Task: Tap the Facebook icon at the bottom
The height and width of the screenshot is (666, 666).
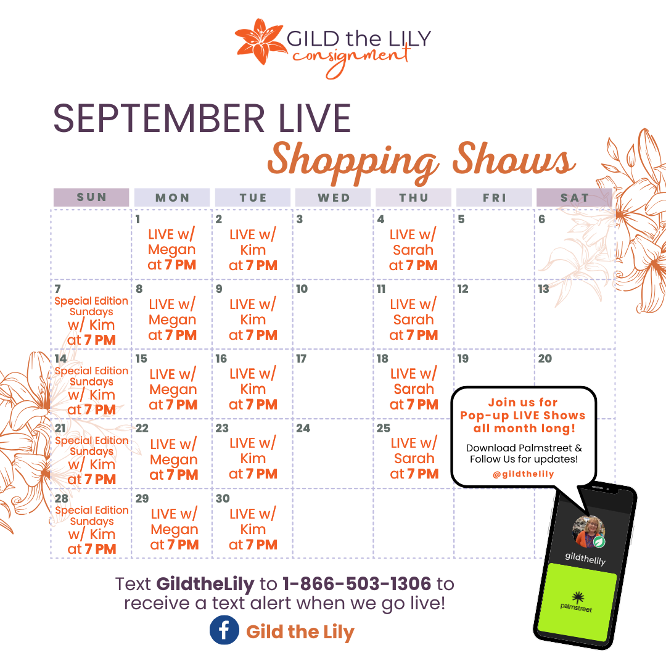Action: [x=224, y=630]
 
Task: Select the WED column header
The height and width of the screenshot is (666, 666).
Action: [x=334, y=197]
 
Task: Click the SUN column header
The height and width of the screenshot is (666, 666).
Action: [x=91, y=197]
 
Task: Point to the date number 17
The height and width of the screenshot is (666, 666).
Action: [x=301, y=359]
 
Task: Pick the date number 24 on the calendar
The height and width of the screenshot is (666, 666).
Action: [x=303, y=428]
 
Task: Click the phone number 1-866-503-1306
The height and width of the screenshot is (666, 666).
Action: [x=357, y=583]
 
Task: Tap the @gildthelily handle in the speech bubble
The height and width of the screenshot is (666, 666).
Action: [x=524, y=474]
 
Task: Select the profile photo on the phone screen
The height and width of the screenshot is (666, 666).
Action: [x=589, y=532]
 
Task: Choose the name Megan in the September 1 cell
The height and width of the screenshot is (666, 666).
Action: [x=171, y=250]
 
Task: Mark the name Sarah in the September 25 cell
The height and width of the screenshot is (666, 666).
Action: [x=414, y=458]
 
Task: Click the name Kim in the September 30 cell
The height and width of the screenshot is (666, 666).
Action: [x=253, y=529]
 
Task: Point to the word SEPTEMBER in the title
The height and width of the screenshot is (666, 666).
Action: [x=159, y=118]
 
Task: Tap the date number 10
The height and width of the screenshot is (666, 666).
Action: [x=302, y=289]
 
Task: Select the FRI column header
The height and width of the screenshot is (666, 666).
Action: [x=494, y=197]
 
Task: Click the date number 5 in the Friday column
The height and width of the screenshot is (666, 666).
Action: [x=461, y=219]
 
